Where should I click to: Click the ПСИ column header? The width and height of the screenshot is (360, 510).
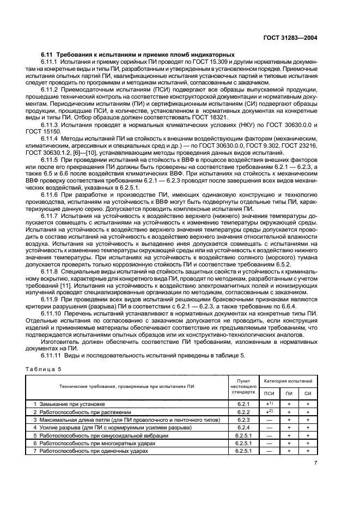click(x=269, y=392)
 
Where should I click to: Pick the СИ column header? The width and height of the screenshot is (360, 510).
click(x=308, y=392)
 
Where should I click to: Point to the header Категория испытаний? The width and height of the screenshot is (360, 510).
click(x=288, y=381)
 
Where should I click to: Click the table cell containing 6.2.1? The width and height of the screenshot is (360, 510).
click(x=243, y=404)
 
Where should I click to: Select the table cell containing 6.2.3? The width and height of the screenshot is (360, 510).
click(x=243, y=420)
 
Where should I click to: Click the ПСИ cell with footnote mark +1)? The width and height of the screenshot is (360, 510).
click(x=269, y=404)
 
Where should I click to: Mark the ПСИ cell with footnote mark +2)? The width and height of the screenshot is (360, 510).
click(x=269, y=412)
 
